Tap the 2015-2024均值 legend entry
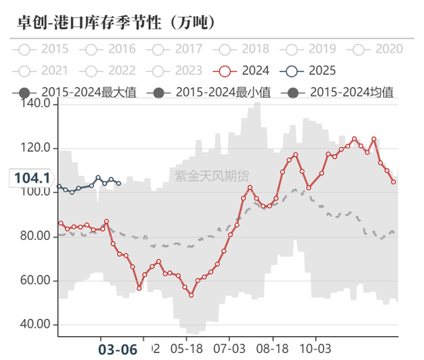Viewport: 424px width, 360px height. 338,93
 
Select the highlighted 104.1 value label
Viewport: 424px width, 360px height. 31,178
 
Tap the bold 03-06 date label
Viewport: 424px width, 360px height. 119,348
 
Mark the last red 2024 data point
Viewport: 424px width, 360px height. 394,182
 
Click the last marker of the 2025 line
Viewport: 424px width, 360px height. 117,183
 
